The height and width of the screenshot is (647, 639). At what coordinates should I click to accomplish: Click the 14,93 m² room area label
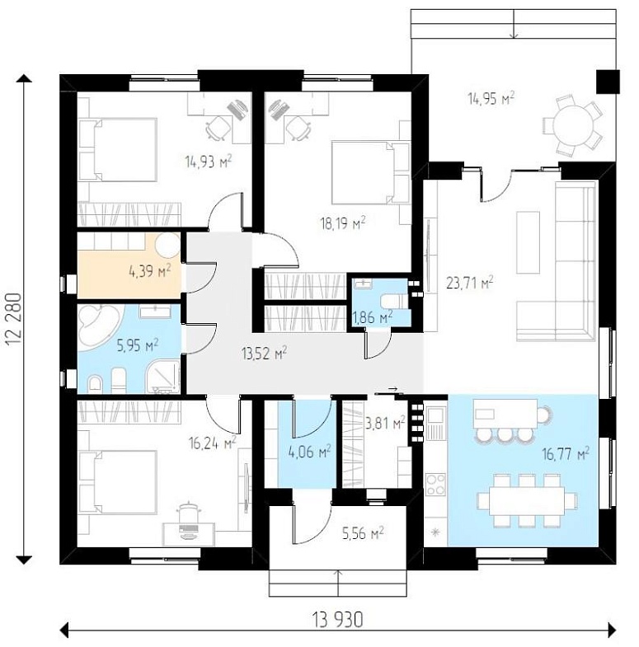[209, 162]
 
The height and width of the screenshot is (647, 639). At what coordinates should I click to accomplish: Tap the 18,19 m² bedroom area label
[343, 223]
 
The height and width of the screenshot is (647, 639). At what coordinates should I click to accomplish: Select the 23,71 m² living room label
[470, 283]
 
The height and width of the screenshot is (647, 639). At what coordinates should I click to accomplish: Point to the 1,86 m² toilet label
[373, 317]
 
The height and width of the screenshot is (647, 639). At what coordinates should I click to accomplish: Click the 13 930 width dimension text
[338, 619]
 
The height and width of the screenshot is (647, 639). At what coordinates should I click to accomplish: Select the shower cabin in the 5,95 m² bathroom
[164, 377]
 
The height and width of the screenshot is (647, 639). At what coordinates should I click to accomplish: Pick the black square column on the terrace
[608, 82]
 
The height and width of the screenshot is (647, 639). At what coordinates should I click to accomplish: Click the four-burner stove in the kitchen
[435, 484]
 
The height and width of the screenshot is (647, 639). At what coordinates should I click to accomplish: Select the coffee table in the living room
[528, 242]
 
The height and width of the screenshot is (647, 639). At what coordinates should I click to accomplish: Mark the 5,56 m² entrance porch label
[363, 533]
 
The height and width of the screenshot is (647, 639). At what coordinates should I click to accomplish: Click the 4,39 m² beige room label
[150, 271]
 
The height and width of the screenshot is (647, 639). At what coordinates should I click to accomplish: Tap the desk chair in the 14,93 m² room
[218, 127]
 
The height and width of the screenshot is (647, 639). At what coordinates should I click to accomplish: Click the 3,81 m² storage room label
[385, 422]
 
